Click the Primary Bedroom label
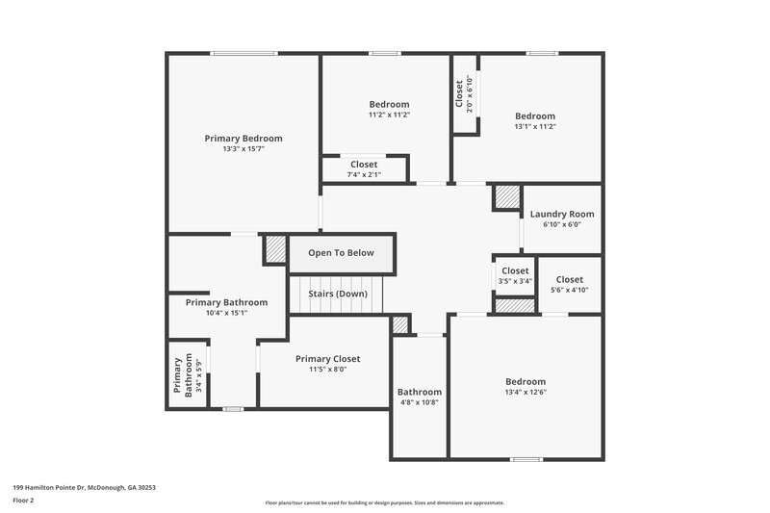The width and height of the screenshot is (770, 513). pyautogui.click(x=243, y=139)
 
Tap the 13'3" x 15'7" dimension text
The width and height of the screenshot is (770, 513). pyautogui.click(x=243, y=149)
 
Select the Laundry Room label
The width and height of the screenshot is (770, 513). pyautogui.click(x=562, y=214)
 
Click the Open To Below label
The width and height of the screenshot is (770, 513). pyautogui.click(x=341, y=253)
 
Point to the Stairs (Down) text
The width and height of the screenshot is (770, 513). pyautogui.click(x=337, y=294)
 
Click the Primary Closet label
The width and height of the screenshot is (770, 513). pyautogui.click(x=327, y=358)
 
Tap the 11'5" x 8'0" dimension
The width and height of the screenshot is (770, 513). pyautogui.click(x=327, y=369)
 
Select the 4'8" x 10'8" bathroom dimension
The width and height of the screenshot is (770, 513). pyautogui.click(x=420, y=402)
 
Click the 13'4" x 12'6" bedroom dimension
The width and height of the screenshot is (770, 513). pyautogui.click(x=526, y=392)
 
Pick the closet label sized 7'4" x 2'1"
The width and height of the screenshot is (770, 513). pyautogui.click(x=364, y=165)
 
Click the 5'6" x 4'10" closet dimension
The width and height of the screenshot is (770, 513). pyautogui.click(x=569, y=290)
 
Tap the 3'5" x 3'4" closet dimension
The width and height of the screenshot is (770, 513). pyautogui.click(x=515, y=281)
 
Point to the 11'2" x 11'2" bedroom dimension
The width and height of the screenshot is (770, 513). pyautogui.click(x=389, y=115)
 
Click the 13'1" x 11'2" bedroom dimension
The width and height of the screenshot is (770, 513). pyautogui.click(x=535, y=126)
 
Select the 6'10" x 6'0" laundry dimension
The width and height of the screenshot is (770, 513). pyautogui.click(x=562, y=224)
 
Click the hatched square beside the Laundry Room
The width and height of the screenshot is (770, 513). pyautogui.click(x=506, y=197)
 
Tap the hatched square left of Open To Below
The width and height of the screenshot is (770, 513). pyautogui.click(x=275, y=249)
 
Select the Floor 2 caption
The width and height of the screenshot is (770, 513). pyautogui.click(x=24, y=500)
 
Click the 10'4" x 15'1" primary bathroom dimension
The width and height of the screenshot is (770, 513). pyautogui.click(x=226, y=313)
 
